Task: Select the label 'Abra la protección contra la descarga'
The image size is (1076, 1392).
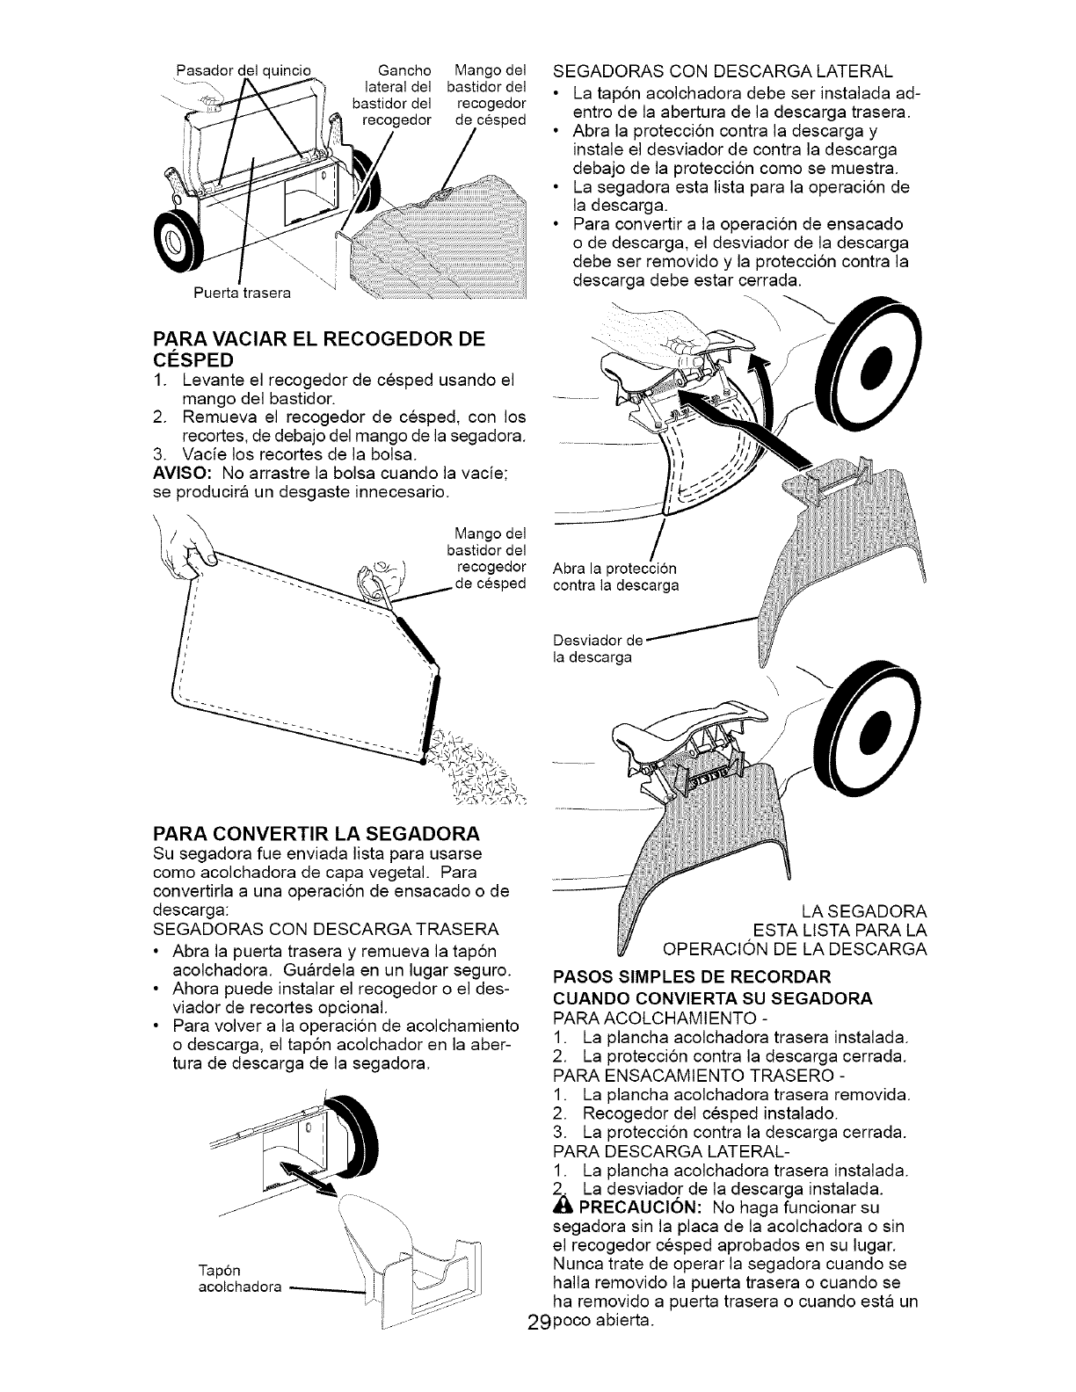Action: [615, 576]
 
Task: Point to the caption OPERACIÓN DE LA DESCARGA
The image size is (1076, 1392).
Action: [795, 949]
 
